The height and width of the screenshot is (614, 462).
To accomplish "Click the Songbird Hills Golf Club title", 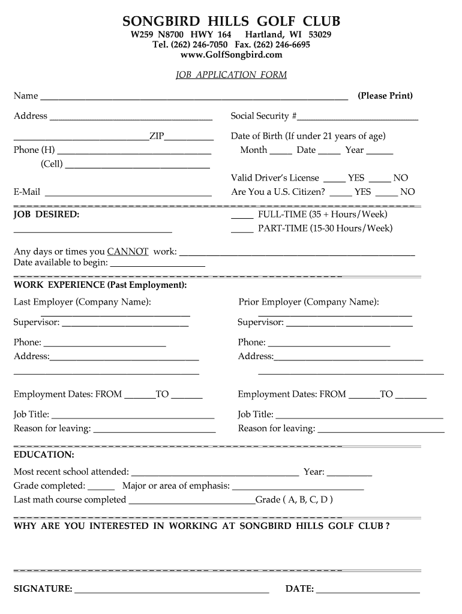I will click(231, 22).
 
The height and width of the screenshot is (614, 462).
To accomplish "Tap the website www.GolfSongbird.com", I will click(231, 55).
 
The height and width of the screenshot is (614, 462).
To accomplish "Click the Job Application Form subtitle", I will click(231, 75).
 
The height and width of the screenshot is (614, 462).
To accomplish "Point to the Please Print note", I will click(385, 96).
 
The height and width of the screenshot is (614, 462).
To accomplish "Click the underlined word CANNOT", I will click(128, 252).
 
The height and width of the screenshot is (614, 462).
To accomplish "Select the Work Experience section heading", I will click(100, 285).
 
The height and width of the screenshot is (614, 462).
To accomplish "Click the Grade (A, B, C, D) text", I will click(294, 499).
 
